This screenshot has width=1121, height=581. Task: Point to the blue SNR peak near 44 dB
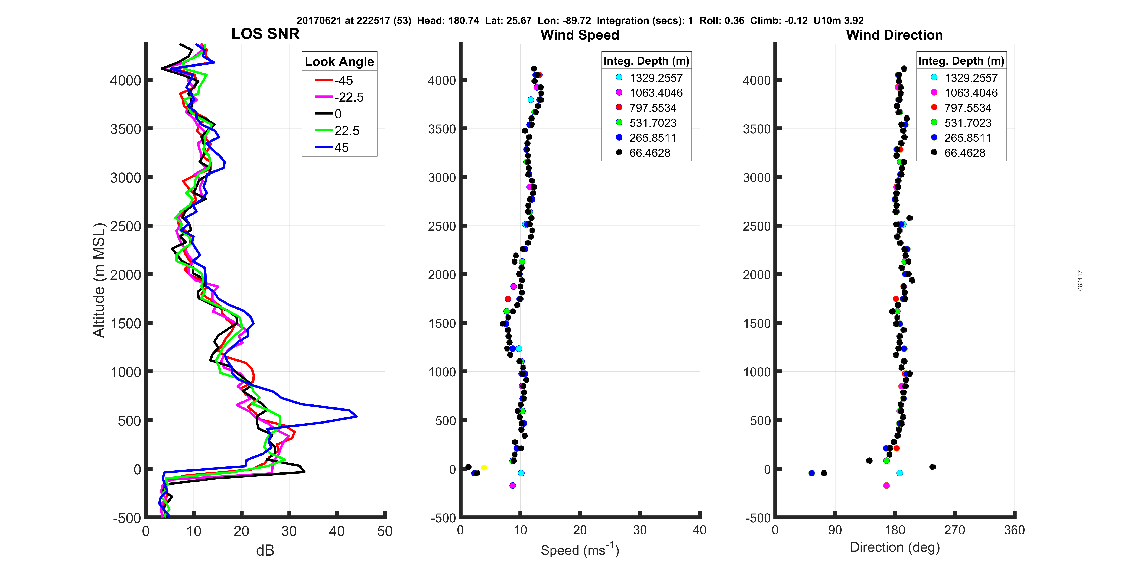click(356, 417)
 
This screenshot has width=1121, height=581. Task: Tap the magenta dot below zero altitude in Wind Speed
click(512, 485)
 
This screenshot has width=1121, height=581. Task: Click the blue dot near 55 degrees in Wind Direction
click(811, 473)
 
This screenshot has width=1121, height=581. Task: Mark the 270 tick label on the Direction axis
click(954, 530)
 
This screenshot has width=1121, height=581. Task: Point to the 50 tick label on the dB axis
click(384, 531)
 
